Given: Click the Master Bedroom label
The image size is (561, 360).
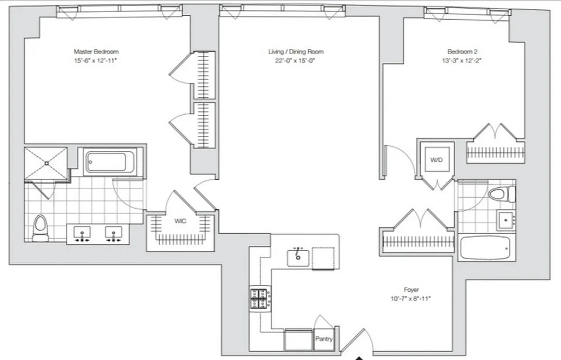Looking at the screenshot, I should click(96, 52).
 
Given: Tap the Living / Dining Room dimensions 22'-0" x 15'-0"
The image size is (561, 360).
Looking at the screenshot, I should click(296, 61).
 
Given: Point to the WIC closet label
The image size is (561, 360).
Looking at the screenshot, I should click(180, 221).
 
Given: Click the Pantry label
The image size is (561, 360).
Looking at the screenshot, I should click(324, 339).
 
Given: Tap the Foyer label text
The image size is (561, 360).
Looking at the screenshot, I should click(411, 290).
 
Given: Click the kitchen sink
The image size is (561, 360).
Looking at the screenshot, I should click(298, 257).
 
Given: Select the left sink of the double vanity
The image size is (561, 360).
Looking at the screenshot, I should click(82, 233).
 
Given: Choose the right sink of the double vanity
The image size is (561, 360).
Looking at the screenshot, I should click(114, 233).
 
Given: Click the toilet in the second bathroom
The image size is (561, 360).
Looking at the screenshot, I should click(501, 194).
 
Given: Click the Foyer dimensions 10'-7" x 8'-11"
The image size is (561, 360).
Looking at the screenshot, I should click(411, 298).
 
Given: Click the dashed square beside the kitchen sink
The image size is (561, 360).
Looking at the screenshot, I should click(323, 258).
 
